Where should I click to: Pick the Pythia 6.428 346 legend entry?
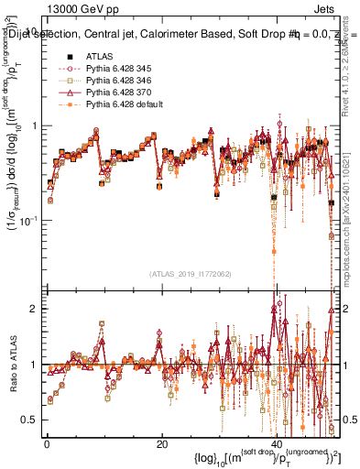click(117, 81)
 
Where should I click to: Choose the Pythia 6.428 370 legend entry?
click(117, 93)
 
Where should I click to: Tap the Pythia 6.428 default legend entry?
click(122, 104)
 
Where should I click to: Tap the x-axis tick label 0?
click(47, 444)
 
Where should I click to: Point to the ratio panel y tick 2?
click(34, 309)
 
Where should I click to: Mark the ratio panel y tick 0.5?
click(30, 420)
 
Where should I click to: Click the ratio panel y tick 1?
click(34, 365)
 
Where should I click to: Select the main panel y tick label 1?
click(34, 125)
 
